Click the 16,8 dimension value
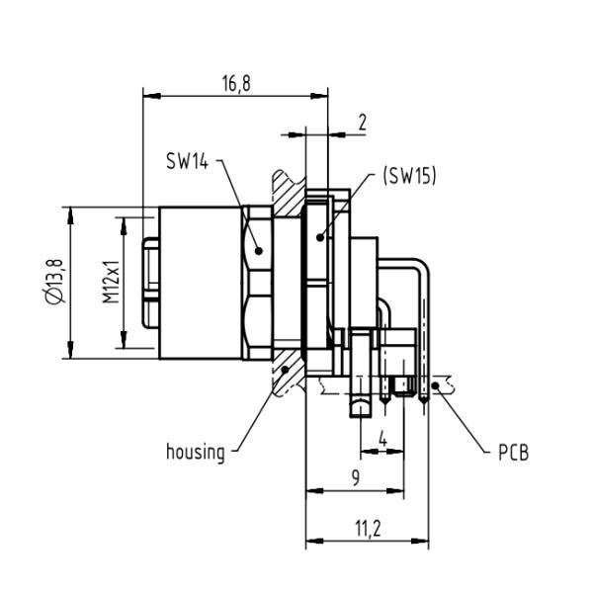click(234, 83)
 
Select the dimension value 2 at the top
click(363, 123)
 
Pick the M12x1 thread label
click(112, 282)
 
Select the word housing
click(195, 453)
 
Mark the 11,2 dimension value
click(367, 530)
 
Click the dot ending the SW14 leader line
click(258, 250)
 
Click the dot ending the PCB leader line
click(442, 389)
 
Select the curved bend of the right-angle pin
click(422, 270)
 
